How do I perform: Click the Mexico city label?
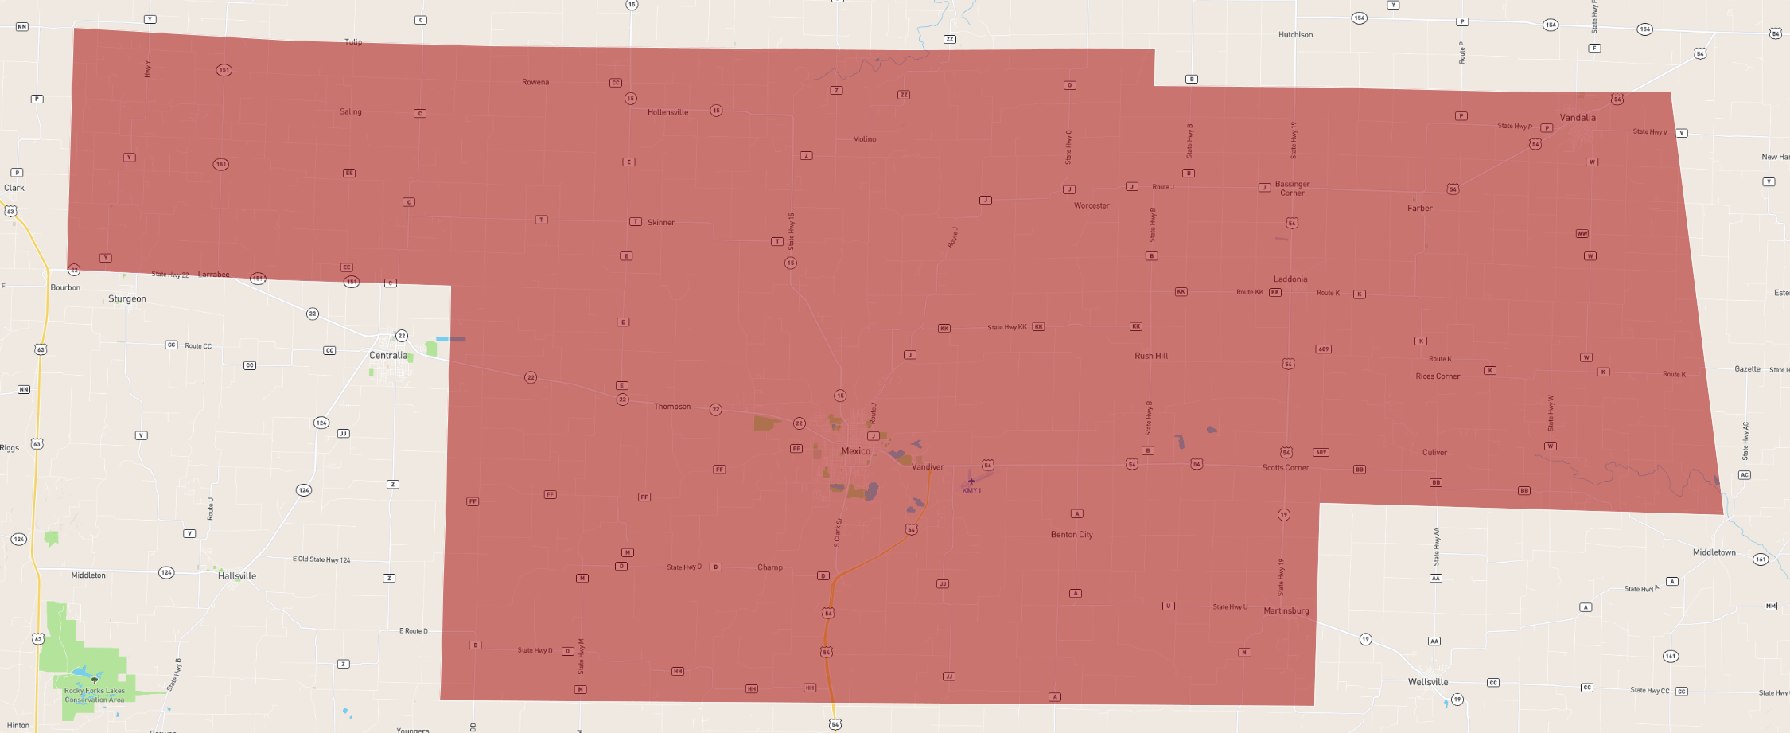click(855, 451)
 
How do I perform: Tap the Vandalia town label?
click(1577, 118)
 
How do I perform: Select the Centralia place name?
click(388, 356)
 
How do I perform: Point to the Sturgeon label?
click(127, 299)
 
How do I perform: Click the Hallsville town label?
click(237, 576)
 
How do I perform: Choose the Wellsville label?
click(1427, 682)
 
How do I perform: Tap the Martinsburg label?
click(1286, 611)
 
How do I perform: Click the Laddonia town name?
click(1290, 279)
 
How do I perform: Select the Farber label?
click(1419, 209)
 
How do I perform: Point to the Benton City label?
click(1071, 535)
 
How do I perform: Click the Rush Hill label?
click(1150, 356)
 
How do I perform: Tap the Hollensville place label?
click(667, 112)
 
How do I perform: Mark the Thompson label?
click(671, 407)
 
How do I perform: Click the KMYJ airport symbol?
click(971, 481)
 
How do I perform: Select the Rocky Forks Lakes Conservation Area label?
click(94, 695)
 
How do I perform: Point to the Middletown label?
click(1714, 552)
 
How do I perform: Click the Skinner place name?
click(660, 223)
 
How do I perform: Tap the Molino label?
click(864, 139)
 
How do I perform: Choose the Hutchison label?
click(1295, 35)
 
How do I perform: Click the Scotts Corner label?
click(1285, 468)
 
